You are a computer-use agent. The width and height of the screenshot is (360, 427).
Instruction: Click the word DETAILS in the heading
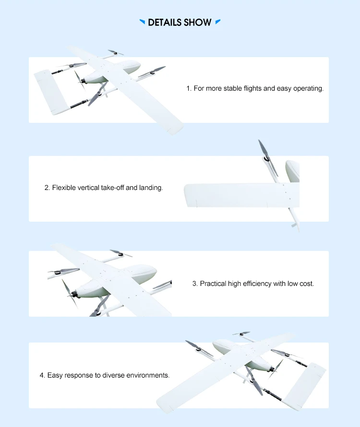(164, 23)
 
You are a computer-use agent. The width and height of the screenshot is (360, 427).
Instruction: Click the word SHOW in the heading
(197, 23)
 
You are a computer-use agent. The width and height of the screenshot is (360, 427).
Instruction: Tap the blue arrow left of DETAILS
(142, 22)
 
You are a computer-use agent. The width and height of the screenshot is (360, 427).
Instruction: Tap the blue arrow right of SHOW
(218, 22)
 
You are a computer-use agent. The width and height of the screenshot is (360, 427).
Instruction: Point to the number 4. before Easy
(42, 375)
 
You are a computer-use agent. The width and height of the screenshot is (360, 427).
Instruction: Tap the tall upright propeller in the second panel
(268, 158)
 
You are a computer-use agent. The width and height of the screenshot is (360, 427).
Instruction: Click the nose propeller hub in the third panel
(73, 294)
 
